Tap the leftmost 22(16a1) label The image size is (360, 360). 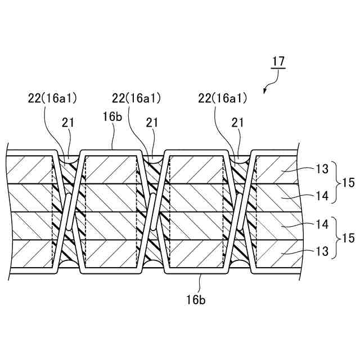pyautogui.click(x=52, y=98)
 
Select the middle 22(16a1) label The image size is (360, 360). pyautogui.click(x=137, y=98)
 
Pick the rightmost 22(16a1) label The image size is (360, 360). pyautogui.click(x=222, y=98)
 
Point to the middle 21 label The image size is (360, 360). pyautogui.click(x=151, y=122)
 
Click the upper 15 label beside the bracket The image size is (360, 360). pyautogui.click(x=348, y=182)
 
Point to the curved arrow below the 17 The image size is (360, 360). pyautogui.click(x=269, y=85)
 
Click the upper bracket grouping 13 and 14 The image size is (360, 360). pyautogui.click(x=336, y=182)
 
